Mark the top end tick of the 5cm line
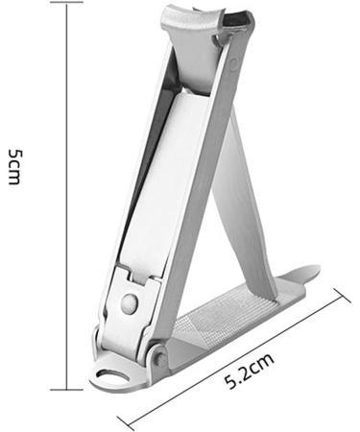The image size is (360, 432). [64, 3]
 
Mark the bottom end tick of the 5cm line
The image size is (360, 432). [64, 389]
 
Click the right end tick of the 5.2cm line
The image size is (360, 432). [343, 300]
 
